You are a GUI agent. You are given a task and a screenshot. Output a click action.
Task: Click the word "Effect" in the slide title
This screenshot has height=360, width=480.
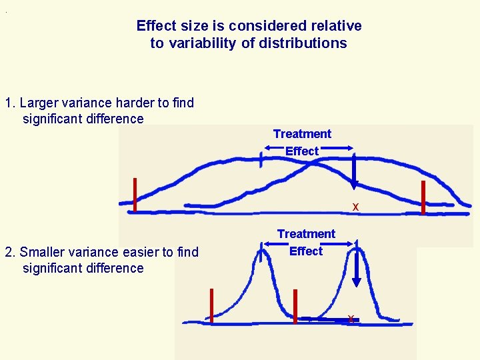pos(157,26)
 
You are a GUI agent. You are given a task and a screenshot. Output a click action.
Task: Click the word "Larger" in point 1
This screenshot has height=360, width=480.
pos(39,103)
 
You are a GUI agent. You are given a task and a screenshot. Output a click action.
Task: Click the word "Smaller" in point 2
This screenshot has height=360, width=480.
pos(42,252)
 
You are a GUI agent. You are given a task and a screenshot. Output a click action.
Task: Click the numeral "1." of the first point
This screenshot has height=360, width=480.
pos(10,103)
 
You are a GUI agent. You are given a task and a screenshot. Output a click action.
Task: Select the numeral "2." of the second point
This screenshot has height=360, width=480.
pos(10,252)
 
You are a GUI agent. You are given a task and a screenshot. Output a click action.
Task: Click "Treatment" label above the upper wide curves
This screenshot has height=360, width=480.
pos(302,134)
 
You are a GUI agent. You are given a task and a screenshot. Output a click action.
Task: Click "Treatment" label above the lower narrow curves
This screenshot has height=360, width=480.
pos(306,234)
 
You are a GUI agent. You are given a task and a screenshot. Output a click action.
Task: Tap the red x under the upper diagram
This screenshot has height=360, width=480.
pos(355,207)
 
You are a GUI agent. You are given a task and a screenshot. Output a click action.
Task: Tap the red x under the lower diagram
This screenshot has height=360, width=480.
pos(351,319)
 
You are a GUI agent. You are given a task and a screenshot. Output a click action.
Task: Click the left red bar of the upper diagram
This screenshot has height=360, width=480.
pos(135,194)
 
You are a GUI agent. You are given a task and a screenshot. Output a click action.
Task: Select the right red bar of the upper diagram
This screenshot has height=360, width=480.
pos(423,197)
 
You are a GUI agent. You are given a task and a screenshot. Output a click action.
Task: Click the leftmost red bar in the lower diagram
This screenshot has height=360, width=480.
pos(212,305)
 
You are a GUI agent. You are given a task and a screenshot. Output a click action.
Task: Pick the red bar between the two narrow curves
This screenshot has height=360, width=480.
pos(295,306)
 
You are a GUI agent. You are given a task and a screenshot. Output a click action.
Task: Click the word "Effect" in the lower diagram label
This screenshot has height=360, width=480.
pos(306,251)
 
